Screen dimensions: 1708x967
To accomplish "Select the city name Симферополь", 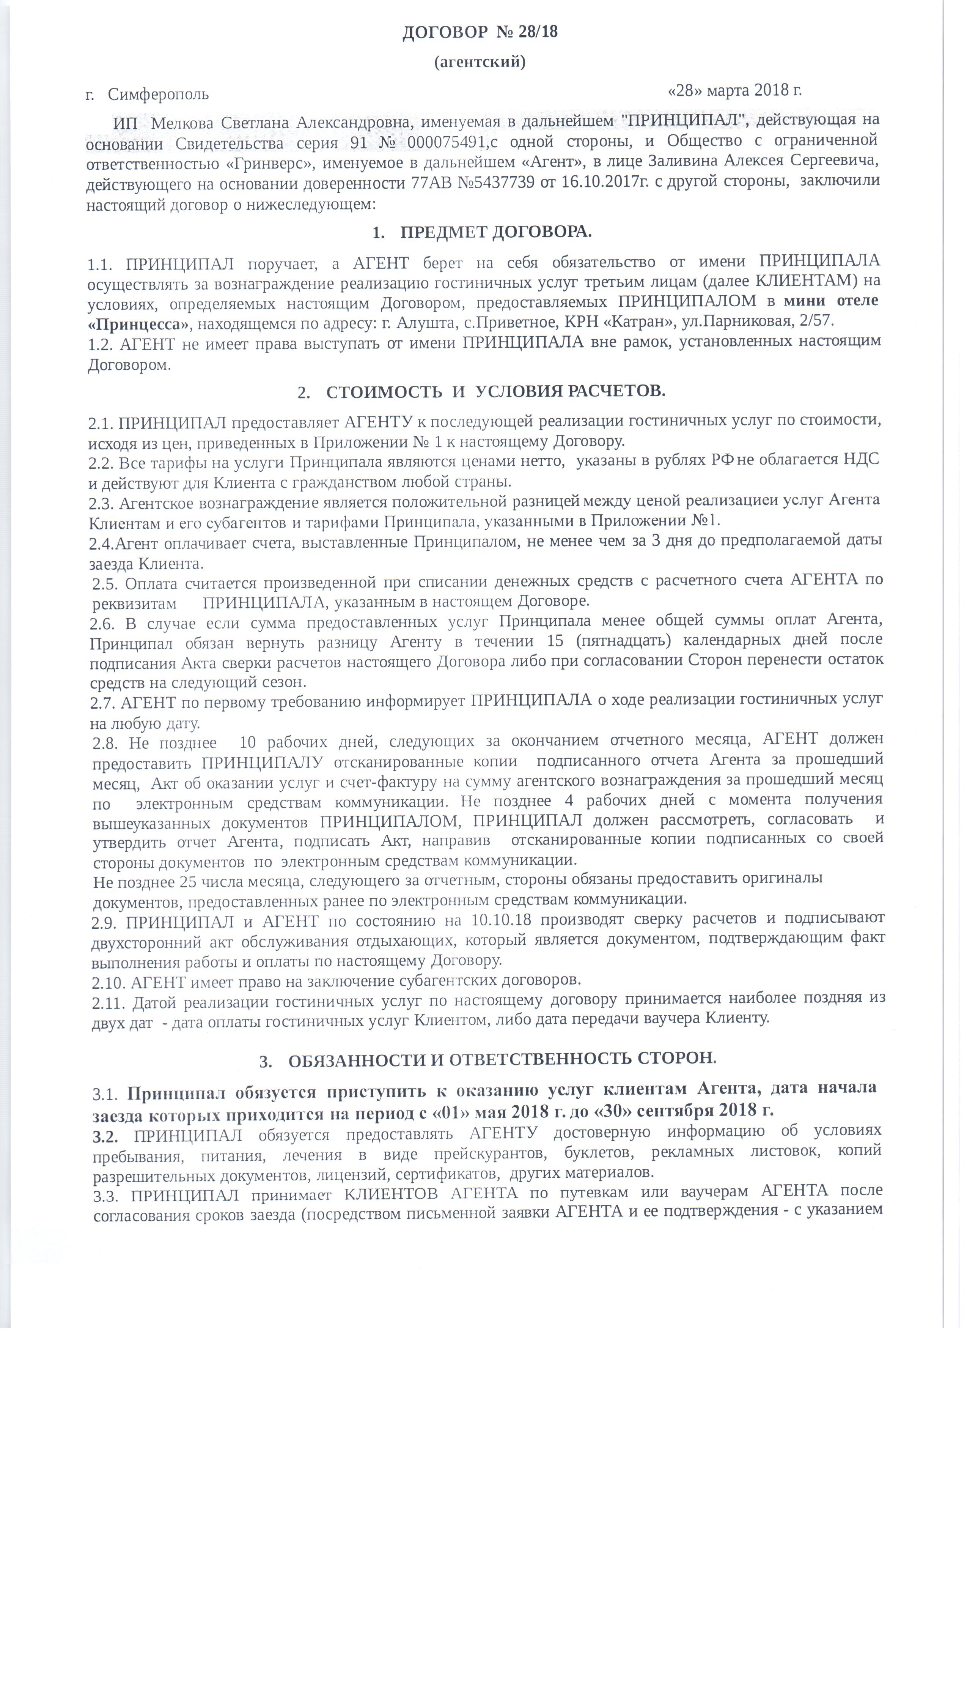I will coord(158,95).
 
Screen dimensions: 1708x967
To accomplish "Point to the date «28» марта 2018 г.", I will coord(734,90).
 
